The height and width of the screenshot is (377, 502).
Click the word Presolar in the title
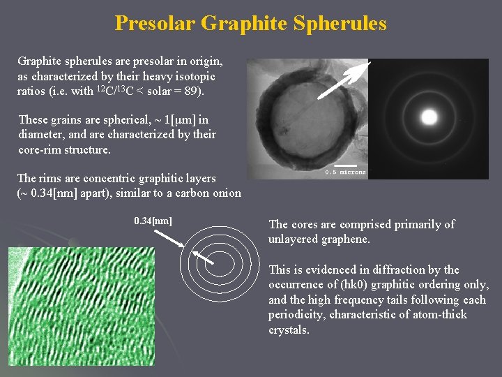point(155,23)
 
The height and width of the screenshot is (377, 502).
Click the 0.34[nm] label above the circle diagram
point(153,221)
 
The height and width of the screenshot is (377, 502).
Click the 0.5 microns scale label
point(345,172)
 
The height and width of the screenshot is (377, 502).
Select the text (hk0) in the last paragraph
point(346,285)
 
